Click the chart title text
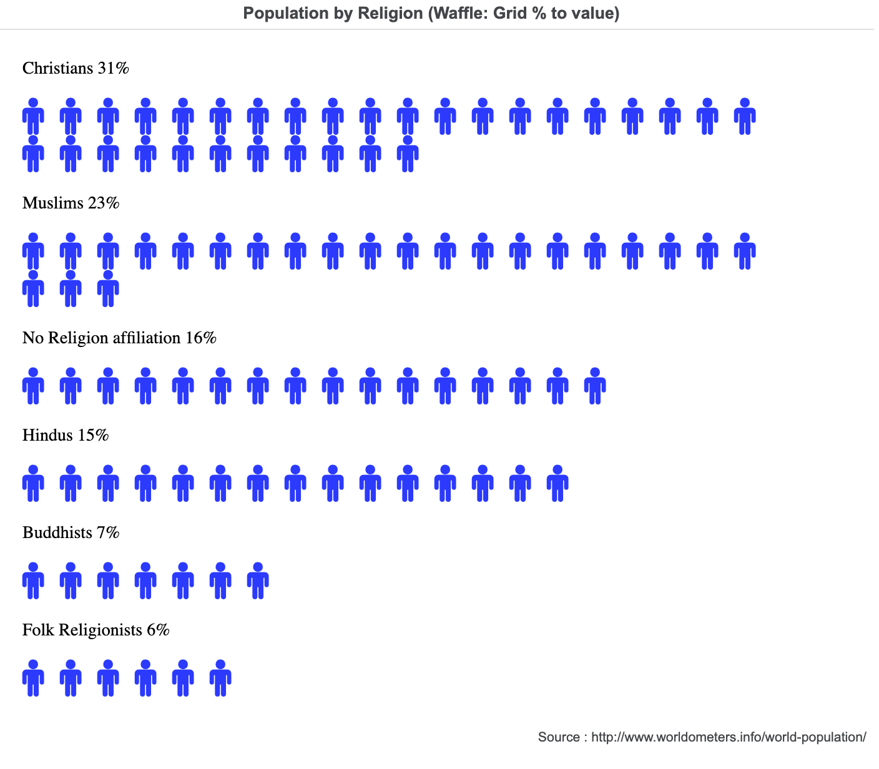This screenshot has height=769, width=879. (x=431, y=14)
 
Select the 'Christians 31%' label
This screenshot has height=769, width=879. (x=76, y=68)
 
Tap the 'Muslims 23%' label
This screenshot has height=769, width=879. (x=71, y=203)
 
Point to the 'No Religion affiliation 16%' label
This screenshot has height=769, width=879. (x=119, y=338)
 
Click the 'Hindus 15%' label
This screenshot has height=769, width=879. (x=66, y=435)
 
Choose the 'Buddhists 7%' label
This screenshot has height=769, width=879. (x=71, y=532)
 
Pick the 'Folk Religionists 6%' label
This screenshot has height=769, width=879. (x=96, y=630)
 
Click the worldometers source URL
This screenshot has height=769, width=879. (x=728, y=737)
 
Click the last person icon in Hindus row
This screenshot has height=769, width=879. (x=557, y=483)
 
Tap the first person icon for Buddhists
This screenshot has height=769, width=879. (x=33, y=580)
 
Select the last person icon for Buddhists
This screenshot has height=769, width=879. (x=258, y=580)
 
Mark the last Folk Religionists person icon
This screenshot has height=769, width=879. (x=220, y=678)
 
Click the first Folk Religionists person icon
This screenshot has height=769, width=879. (x=33, y=678)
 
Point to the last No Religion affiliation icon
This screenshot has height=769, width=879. (x=595, y=386)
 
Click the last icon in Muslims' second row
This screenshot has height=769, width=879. (x=108, y=288)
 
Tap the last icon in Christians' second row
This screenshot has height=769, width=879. (x=408, y=154)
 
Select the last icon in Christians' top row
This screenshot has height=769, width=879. (x=745, y=116)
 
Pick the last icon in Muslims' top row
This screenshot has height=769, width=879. (x=745, y=251)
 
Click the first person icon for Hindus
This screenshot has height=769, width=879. (x=33, y=483)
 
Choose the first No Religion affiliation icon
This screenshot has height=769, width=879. (x=33, y=386)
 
